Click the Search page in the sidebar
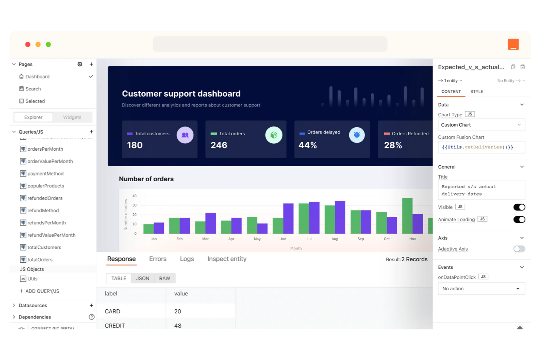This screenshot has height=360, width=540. (33, 89)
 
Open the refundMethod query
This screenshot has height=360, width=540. (43, 210)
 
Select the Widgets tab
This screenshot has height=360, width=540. (72, 117)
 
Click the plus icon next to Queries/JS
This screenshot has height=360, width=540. (91, 132)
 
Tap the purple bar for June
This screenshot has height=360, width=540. (288, 218)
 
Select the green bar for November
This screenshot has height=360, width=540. (407, 216)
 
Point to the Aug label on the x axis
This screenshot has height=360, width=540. (335, 239)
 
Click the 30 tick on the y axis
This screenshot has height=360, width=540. (134, 205)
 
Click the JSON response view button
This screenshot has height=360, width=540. (143, 278)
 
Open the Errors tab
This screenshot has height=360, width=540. (158, 259)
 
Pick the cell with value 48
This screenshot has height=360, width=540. (178, 326)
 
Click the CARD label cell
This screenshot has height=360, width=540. (112, 311)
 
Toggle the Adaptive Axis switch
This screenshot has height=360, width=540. (519, 249)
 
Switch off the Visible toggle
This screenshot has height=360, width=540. (519, 207)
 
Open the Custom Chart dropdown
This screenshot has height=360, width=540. (481, 125)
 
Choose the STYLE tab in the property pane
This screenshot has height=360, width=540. (477, 92)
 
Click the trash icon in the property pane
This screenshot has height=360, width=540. (522, 67)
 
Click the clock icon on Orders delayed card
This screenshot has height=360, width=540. (356, 135)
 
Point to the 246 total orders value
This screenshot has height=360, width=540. (219, 145)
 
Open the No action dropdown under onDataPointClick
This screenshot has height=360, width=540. (481, 289)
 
